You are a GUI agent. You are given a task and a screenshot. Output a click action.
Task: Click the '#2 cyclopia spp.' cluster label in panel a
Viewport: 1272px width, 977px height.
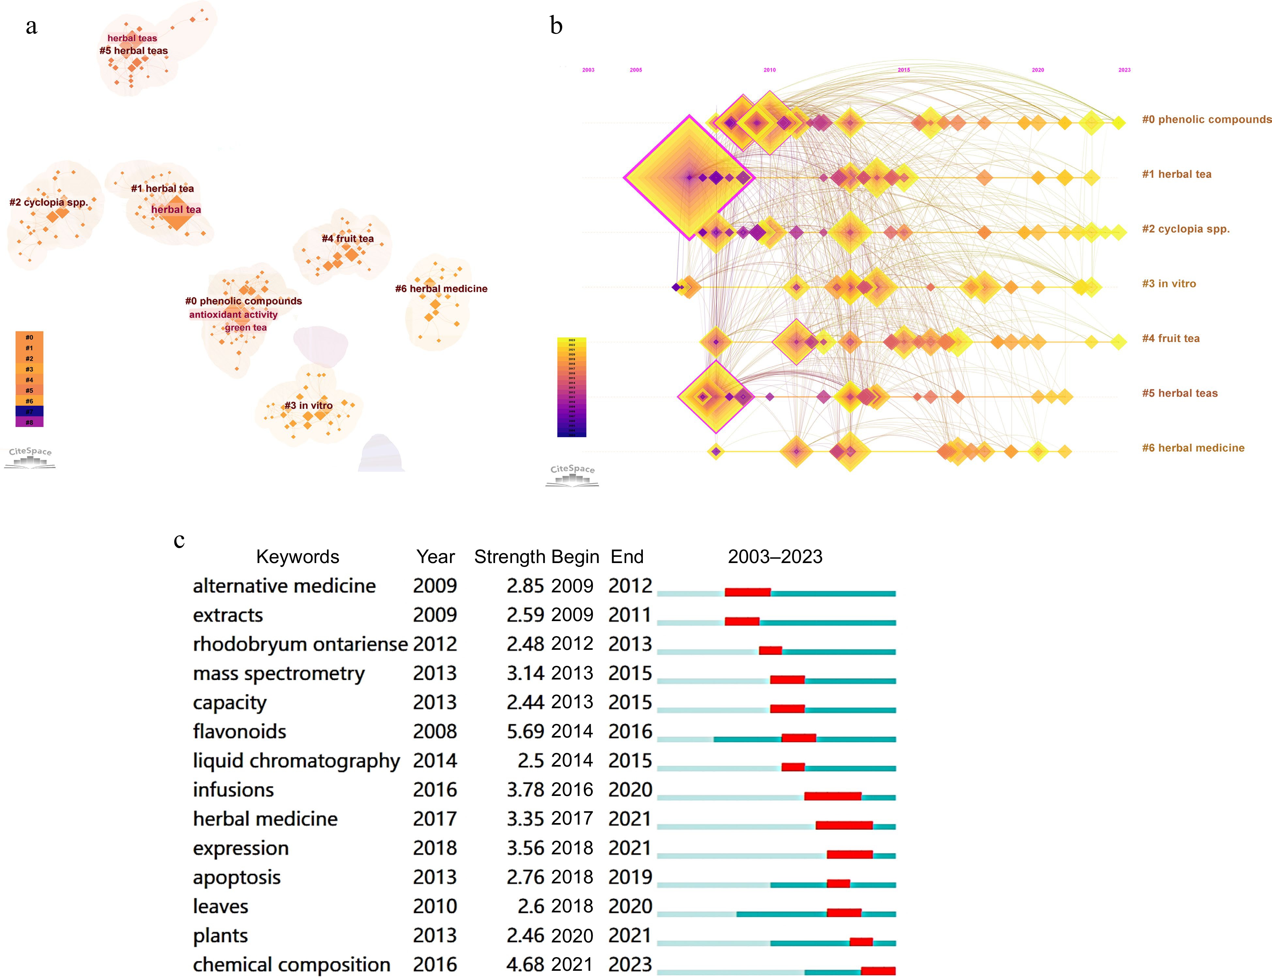pos(49,202)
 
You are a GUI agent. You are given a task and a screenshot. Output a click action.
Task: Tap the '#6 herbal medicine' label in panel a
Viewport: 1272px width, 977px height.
pos(441,288)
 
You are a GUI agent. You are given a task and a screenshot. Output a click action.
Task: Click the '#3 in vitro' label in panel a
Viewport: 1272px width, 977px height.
pos(308,405)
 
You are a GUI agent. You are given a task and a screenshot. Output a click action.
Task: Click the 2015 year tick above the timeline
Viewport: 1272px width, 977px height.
pos(903,70)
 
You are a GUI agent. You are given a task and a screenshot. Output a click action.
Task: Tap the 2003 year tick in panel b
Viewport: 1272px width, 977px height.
pos(588,70)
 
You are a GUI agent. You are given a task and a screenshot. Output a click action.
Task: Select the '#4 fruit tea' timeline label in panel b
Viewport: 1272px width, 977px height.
pos(1170,339)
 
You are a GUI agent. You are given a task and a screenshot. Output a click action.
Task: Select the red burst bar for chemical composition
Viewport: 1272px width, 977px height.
pos(878,970)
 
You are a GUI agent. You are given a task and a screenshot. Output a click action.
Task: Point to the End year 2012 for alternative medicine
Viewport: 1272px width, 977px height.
pos(630,586)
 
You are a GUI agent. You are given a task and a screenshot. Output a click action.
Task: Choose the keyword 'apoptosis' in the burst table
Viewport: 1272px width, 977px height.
pos(237,877)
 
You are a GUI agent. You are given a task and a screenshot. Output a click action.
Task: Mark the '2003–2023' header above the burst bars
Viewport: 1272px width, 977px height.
pos(775,557)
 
